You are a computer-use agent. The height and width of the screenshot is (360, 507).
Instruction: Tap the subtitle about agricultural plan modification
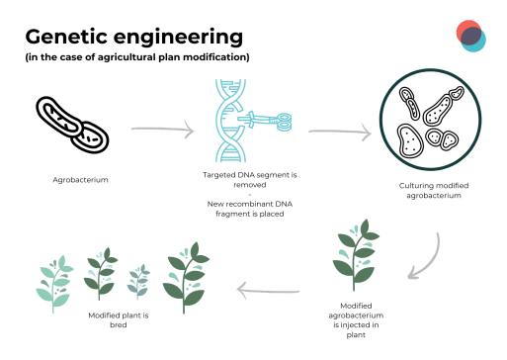point(137,57)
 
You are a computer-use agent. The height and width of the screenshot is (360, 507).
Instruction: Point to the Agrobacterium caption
point(80,180)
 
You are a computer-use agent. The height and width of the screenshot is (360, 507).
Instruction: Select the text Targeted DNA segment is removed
point(252,179)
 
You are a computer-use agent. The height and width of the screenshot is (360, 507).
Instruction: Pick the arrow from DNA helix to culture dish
point(340,130)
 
